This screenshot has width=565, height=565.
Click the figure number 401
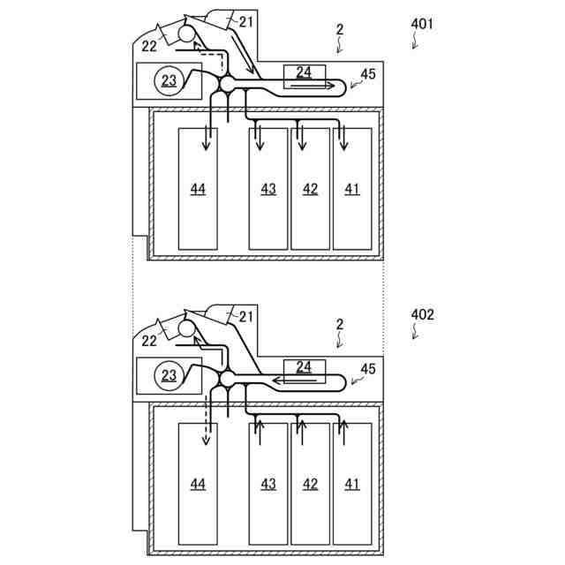(x=422, y=24)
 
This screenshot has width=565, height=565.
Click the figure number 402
(x=422, y=314)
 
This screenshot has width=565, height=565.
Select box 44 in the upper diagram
(x=198, y=189)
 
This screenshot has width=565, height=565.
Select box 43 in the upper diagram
(x=268, y=189)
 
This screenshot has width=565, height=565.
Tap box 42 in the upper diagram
(x=310, y=189)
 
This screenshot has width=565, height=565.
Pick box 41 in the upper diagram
(x=352, y=189)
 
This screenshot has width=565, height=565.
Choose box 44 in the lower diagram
(x=198, y=484)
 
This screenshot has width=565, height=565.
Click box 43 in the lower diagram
(x=268, y=484)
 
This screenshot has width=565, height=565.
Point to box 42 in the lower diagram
(x=310, y=484)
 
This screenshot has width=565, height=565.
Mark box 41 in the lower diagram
(x=352, y=484)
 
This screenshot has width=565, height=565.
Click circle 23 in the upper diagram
(x=167, y=81)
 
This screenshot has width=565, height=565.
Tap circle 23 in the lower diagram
(x=167, y=376)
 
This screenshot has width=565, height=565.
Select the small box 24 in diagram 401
(x=305, y=72)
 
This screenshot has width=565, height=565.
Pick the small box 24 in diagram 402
(x=305, y=366)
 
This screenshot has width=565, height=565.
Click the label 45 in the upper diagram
(x=368, y=74)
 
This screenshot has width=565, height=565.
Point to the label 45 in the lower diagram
(x=368, y=369)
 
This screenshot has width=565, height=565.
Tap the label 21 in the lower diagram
(x=246, y=315)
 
